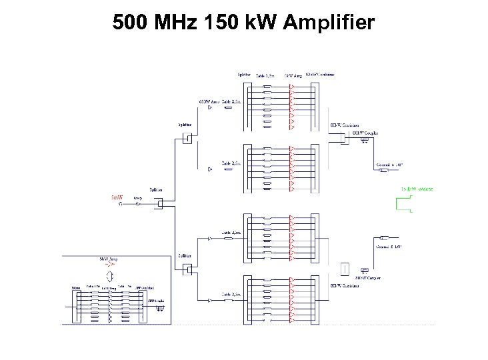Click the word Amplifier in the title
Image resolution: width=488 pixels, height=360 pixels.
click(329, 23)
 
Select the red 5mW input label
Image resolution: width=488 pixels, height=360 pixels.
click(117, 197)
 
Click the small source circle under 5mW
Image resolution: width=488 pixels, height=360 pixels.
click(120, 205)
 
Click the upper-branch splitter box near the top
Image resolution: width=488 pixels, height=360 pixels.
click(187, 139)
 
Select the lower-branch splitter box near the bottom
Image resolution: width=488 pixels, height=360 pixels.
click(187, 269)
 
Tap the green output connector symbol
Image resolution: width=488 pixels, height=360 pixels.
click(404, 205)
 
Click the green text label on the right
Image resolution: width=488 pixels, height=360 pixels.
click(417, 190)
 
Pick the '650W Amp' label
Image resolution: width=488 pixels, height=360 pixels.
click(209, 101)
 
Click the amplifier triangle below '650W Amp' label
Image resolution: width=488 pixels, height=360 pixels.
click(210, 107)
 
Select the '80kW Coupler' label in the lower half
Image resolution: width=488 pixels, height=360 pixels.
click(367, 278)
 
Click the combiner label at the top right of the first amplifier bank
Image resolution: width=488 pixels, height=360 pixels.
click(321, 75)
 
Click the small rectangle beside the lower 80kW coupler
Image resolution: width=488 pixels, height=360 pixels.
click(344, 269)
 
